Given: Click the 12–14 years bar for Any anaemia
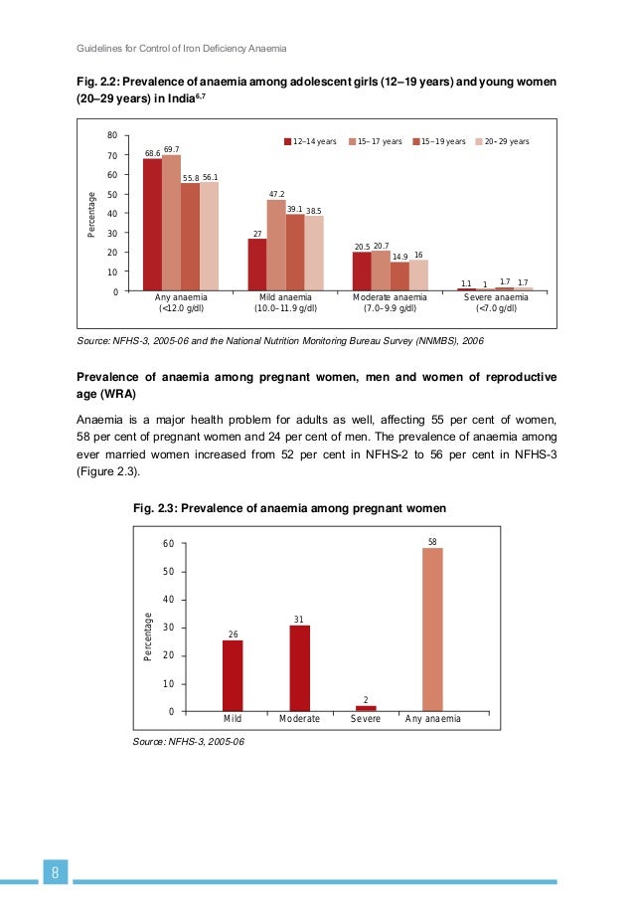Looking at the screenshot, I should [152, 225].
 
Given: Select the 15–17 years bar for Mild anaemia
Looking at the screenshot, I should [276, 245].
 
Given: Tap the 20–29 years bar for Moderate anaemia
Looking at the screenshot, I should [418, 275].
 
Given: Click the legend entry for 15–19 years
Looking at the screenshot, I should [438, 142].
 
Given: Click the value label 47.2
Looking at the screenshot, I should [277, 194].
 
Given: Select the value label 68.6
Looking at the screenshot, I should [152, 153].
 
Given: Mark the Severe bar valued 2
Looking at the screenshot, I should [366, 708].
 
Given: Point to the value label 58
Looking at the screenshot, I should [432, 542].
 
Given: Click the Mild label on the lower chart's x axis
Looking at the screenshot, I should [233, 718].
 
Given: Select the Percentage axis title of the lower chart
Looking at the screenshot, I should [148, 636].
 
